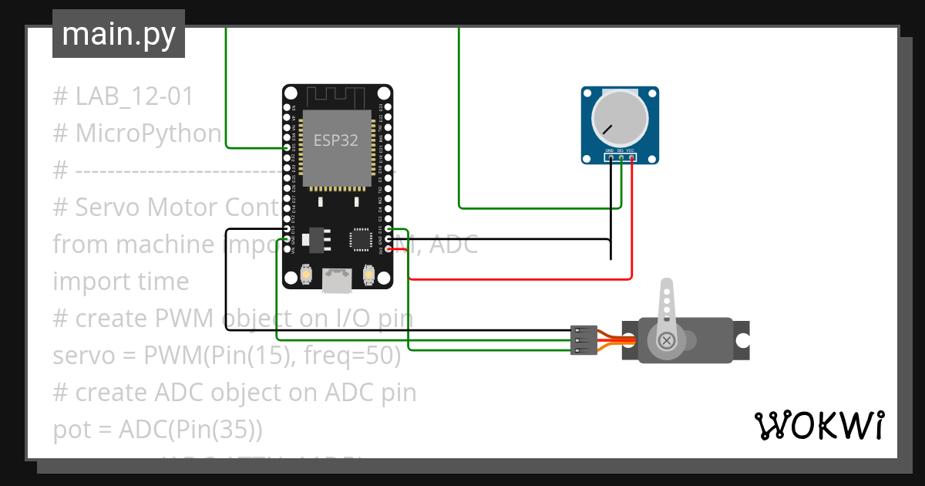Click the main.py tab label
(118, 35)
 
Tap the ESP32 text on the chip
(335, 141)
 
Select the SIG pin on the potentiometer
(621, 157)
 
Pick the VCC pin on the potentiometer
(631, 157)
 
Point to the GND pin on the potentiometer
(610, 157)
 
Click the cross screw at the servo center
(665, 340)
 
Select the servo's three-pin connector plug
(583, 340)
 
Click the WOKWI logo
(819, 425)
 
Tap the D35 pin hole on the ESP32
(288, 147)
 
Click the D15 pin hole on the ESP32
(387, 229)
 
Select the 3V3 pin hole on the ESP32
(387, 248)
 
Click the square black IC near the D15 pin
(361, 238)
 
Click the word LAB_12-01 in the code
(134, 96)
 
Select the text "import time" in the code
(120, 282)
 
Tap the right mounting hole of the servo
(742, 340)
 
